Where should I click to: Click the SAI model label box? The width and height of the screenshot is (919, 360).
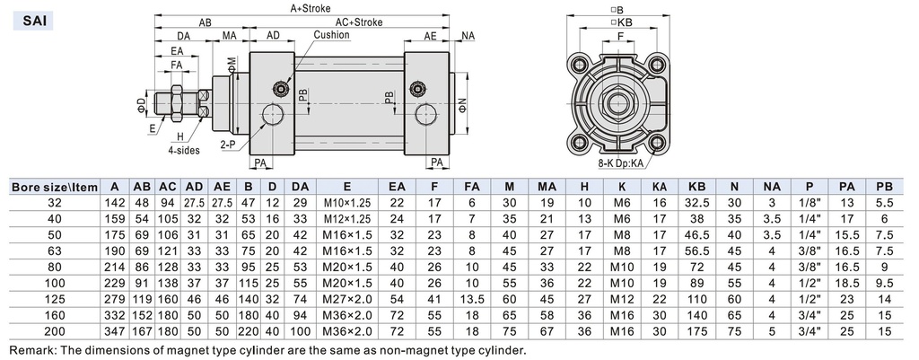pyautogui.click(x=29, y=17)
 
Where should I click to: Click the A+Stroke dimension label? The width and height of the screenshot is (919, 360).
pyautogui.click(x=311, y=7)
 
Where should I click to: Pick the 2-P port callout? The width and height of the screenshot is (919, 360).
pyautogui.click(x=228, y=143)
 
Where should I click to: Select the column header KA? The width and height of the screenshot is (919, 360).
pyautogui.click(x=660, y=187)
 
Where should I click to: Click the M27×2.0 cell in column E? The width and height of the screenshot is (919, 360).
pyautogui.click(x=334, y=298)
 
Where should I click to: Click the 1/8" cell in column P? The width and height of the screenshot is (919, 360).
pyautogui.click(x=810, y=203)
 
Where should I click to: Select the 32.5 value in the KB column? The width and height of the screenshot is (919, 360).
pyautogui.click(x=696, y=203)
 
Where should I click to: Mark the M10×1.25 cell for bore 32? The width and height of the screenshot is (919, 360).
pyautogui.click(x=334, y=203)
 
